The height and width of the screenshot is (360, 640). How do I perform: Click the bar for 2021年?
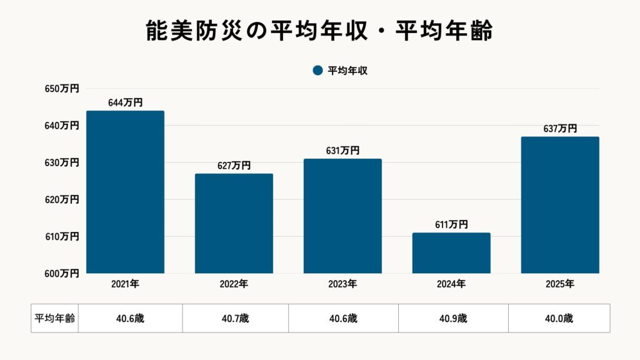[125, 192]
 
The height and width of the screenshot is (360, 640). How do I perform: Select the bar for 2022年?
[234, 223]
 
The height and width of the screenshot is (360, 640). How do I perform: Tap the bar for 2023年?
[342, 216]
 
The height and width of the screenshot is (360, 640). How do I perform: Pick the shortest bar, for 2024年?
[451, 253]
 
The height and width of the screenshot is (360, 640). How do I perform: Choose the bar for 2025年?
[560, 205]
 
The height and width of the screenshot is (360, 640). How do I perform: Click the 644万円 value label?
[125, 102]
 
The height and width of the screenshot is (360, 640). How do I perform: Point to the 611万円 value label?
[451, 225]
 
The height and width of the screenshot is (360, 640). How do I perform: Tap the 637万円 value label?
[560, 129]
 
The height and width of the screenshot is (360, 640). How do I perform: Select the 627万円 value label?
[234, 166]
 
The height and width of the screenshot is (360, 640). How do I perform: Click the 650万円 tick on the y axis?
[62, 89]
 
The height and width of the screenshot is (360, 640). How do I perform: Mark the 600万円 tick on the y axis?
[62, 273]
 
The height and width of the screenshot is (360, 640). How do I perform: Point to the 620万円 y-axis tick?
[62, 199]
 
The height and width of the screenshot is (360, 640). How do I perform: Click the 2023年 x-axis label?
[342, 284]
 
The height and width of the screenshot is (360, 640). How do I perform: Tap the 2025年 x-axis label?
[560, 284]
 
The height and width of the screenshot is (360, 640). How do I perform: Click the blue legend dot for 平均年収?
[317, 71]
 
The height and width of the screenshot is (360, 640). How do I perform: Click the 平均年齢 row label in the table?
[54, 318]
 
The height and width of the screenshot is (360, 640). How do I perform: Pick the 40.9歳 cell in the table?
[453, 318]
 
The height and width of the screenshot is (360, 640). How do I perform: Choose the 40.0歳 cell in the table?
[559, 318]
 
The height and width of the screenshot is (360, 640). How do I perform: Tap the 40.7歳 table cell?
[235, 318]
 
